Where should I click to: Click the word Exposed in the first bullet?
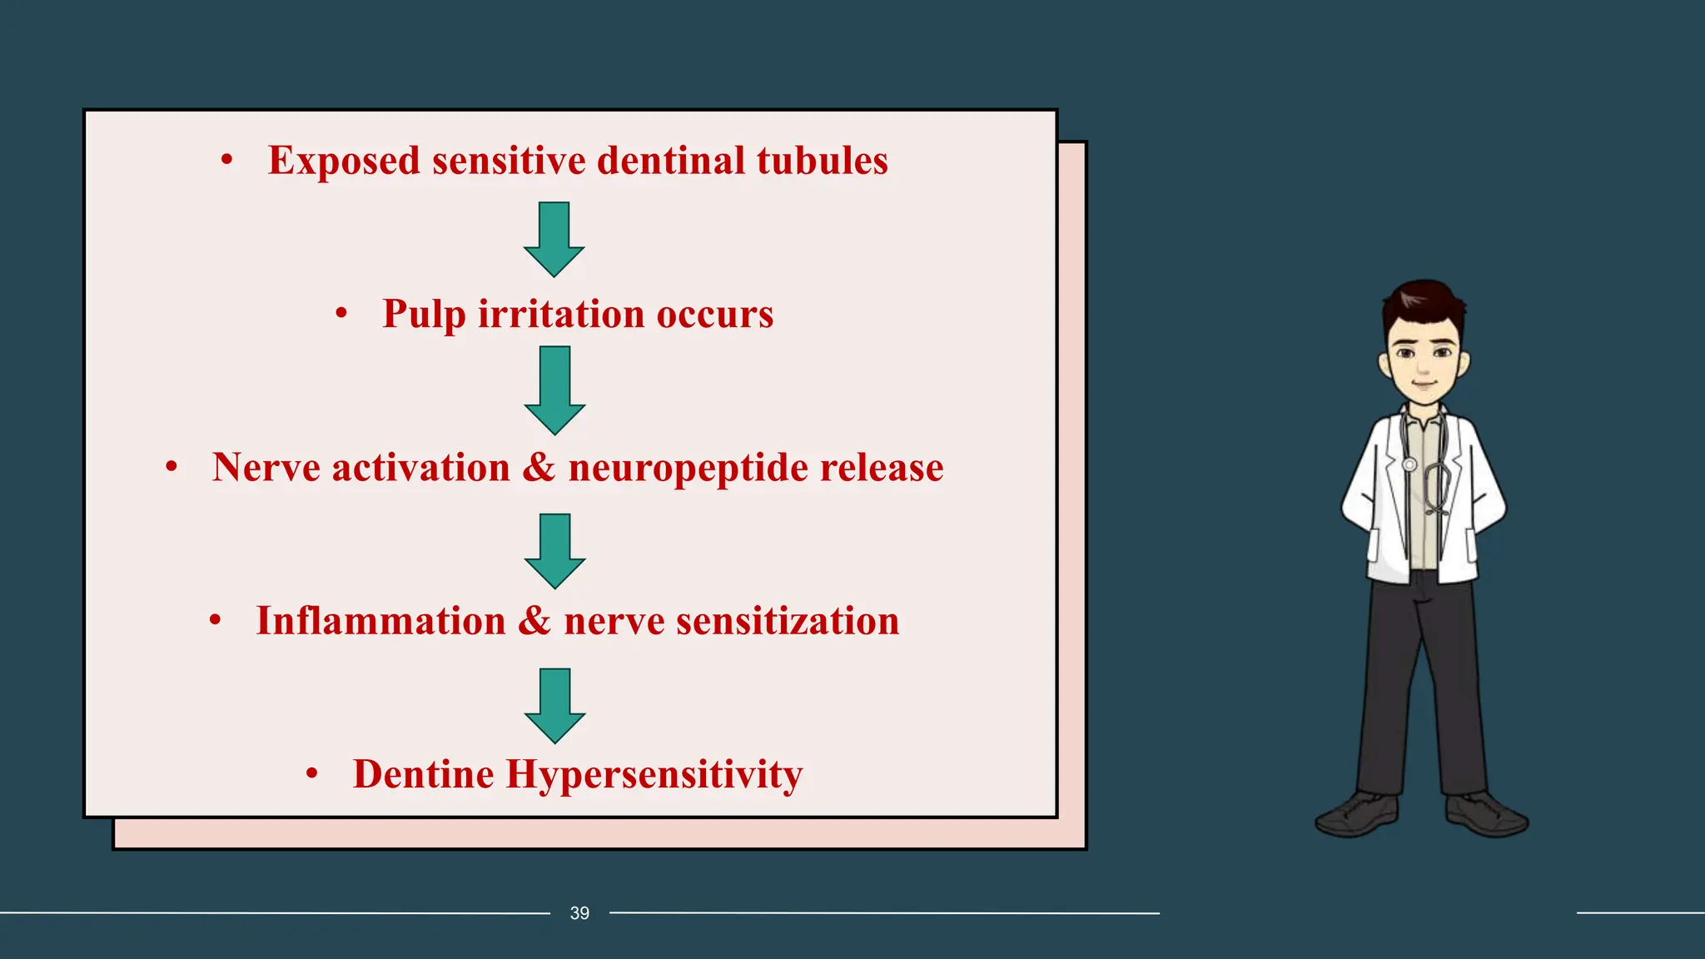[x=343, y=161]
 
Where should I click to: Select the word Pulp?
[x=424, y=315]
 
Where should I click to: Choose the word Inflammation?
[x=380, y=621]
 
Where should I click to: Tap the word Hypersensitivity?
[x=654, y=775]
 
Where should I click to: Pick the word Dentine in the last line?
[x=423, y=774]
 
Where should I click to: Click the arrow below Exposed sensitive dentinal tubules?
[x=554, y=239]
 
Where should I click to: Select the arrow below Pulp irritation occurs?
[x=554, y=390]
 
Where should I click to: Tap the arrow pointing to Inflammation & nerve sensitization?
[x=554, y=551]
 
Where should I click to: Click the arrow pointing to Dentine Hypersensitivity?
[x=554, y=705]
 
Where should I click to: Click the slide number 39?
[x=579, y=913]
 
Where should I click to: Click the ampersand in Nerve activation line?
[x=539, y=467]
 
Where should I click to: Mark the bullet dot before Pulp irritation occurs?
[x=341, y=314]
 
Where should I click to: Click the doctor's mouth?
[x=1424, y=385]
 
